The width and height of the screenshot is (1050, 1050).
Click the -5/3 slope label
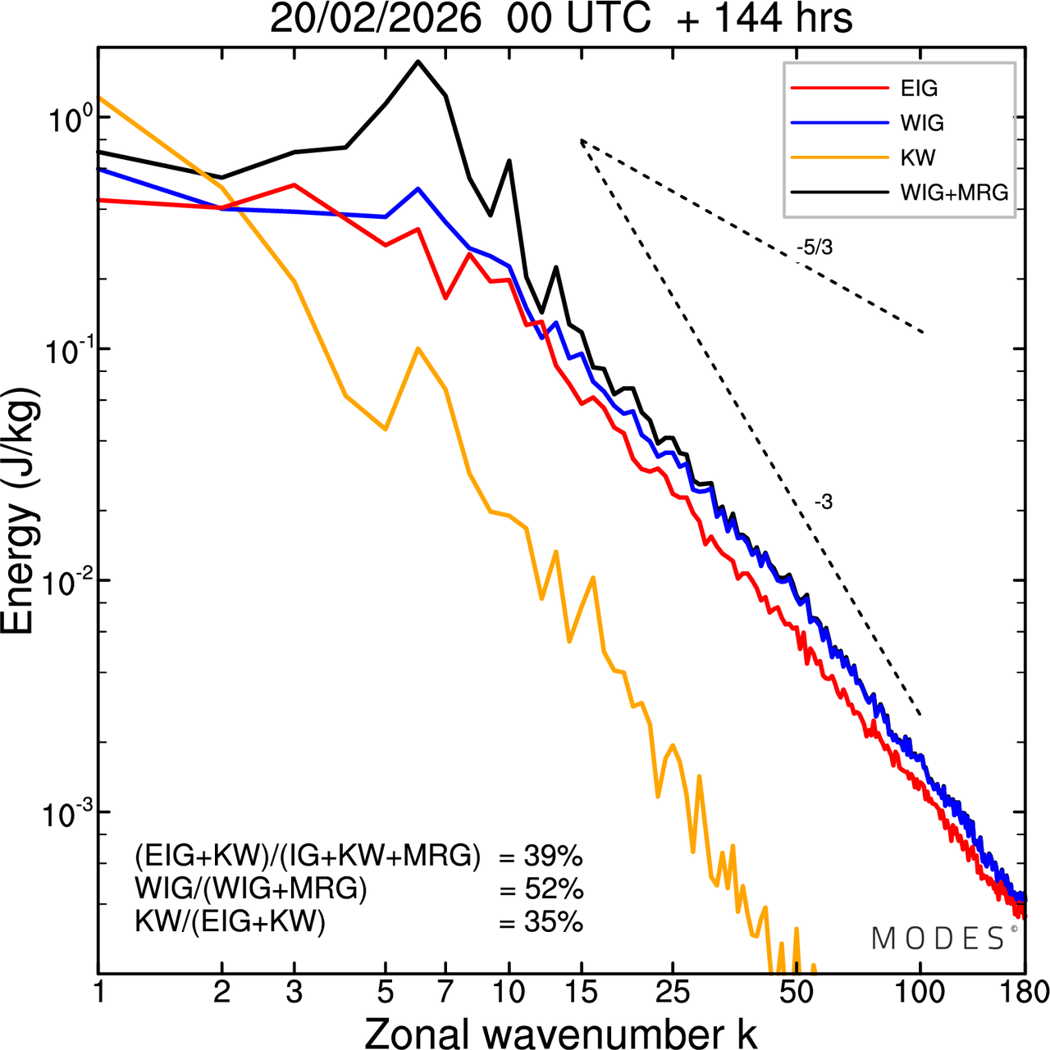click(814, 247)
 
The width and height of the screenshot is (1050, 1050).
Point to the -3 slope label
click(824, 502)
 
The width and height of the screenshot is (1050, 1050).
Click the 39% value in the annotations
click(553, 857)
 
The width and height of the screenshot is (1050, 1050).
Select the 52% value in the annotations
click(553, 889)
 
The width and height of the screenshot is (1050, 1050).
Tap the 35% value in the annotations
click(553, 922)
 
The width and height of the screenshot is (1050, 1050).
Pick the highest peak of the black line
click(418, 61)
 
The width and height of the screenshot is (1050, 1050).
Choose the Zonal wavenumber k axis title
click(560, 1033)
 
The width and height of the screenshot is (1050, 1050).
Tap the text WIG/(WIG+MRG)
click(251, 889)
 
